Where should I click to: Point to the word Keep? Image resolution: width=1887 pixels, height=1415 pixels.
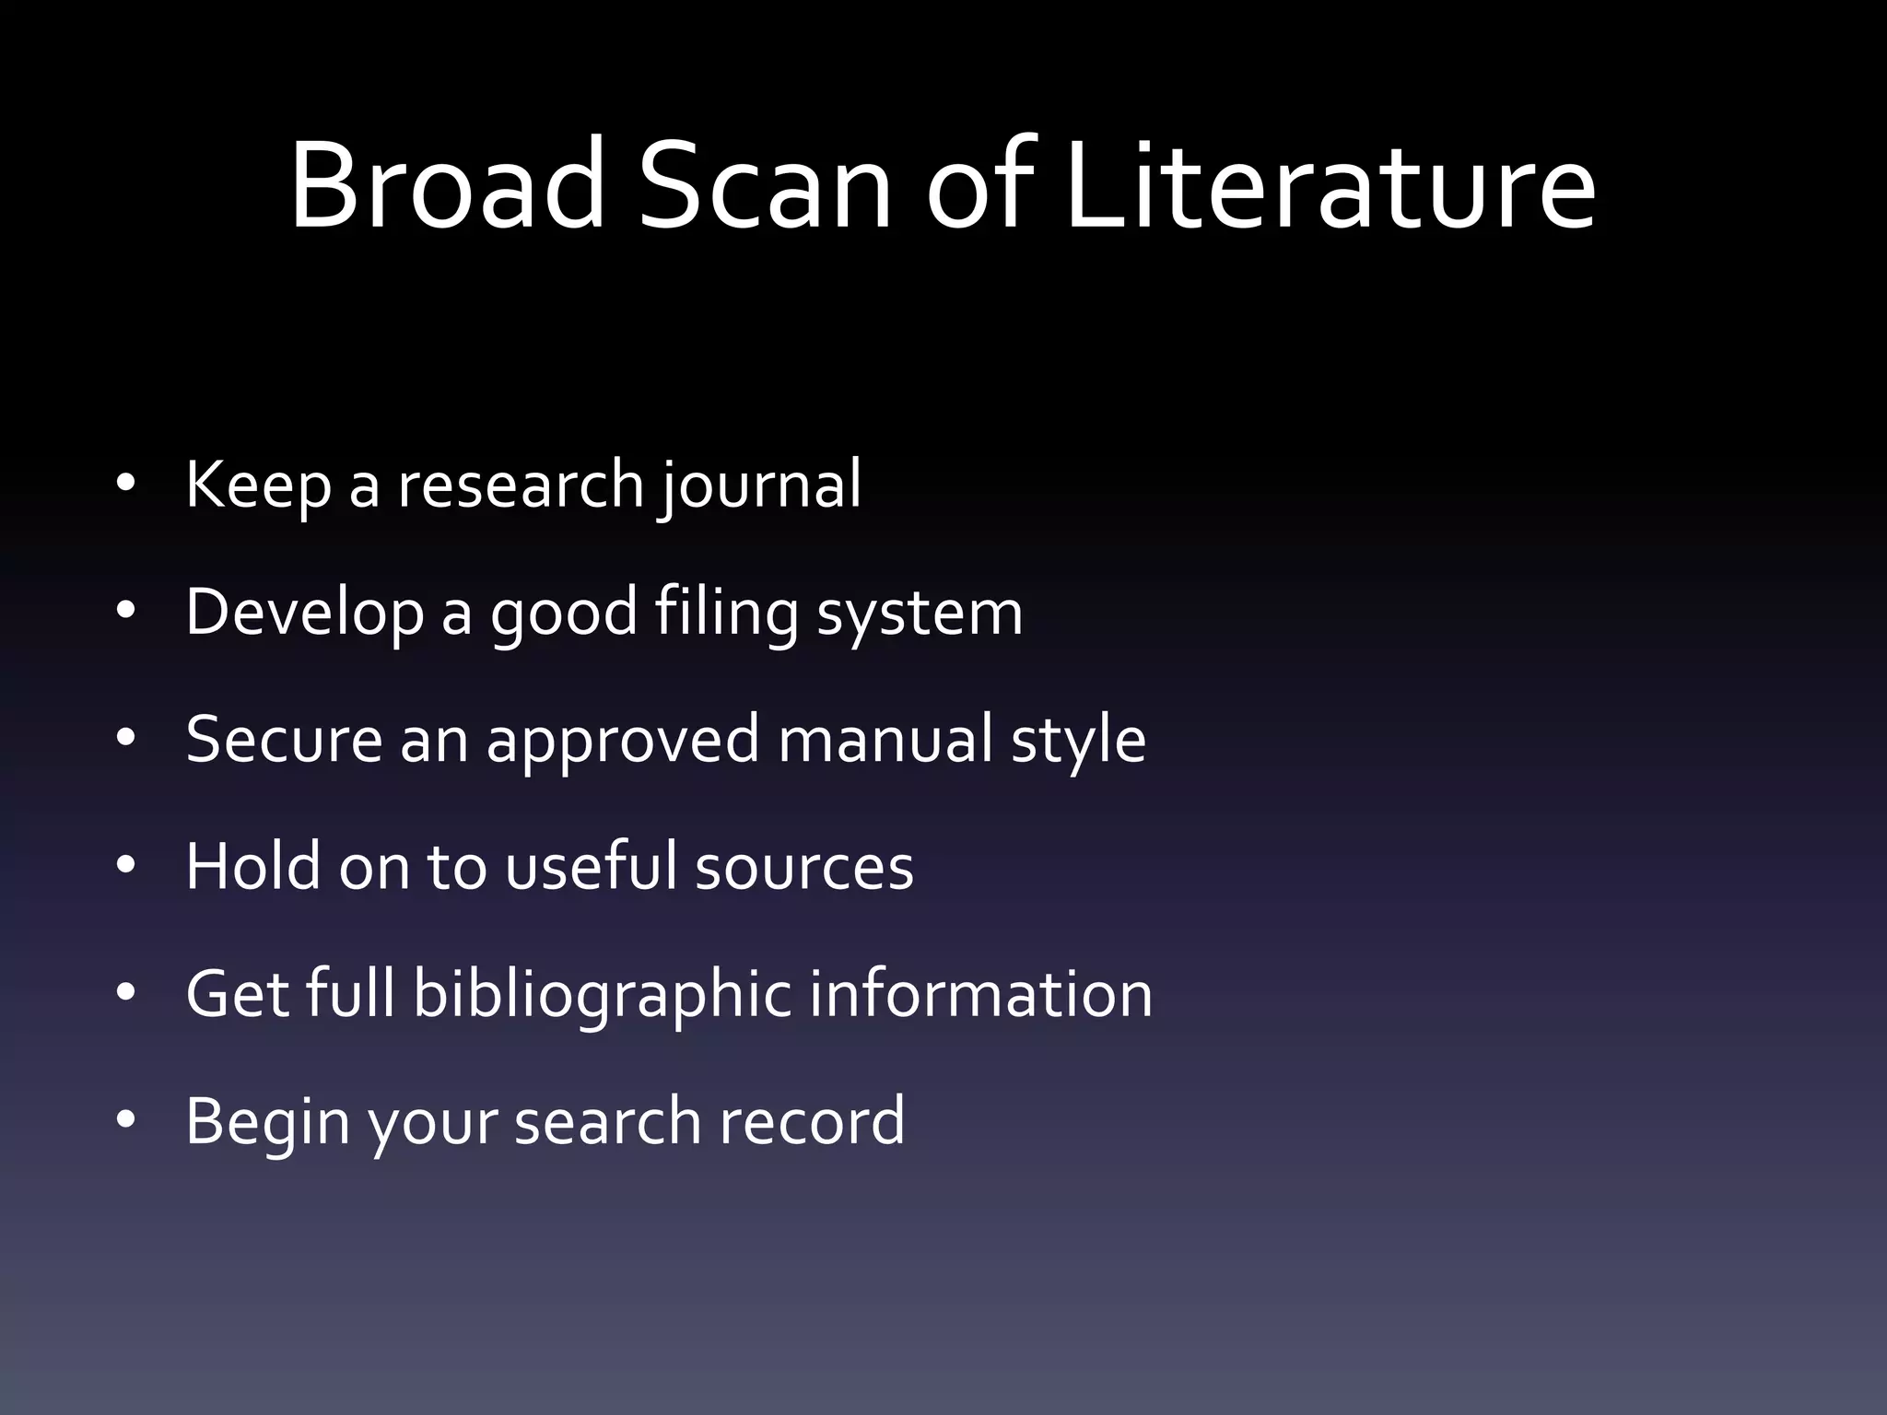tap(258, 485)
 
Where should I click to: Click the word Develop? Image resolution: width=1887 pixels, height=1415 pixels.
tap(304, 613)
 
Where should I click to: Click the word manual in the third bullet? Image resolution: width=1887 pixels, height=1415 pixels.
tap(885, 739)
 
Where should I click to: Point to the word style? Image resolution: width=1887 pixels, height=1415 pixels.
tap(1078, 741)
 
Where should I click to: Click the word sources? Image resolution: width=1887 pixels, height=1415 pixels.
tap(803, 868)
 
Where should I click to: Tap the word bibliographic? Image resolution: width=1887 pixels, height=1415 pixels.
tap(602, 995)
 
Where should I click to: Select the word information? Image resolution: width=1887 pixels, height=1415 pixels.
tap(980, 993)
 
